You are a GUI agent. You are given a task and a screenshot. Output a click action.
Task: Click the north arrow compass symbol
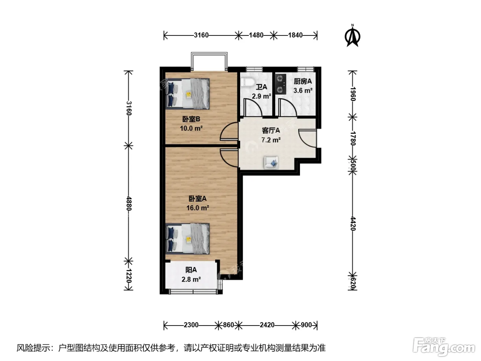[353, 36]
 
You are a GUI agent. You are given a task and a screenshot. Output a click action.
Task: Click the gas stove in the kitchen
[281, 84]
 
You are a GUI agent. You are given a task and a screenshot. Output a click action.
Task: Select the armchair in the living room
[271, 162]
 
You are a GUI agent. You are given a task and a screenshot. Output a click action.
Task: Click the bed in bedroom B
[188, 94]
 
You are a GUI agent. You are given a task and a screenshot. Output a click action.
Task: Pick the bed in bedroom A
[188, 239]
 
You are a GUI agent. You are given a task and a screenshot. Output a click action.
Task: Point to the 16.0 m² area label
[198, 208]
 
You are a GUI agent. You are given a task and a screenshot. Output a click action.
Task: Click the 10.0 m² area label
[191, 128]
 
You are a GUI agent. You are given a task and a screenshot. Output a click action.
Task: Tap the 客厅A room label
[271, 131]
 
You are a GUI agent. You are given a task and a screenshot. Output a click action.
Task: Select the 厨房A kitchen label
[303, 81]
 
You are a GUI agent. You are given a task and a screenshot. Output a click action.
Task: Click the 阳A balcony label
[191, 270]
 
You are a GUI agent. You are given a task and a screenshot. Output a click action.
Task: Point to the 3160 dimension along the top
[201, 35]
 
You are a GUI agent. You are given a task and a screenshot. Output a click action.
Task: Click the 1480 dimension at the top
[256, 35]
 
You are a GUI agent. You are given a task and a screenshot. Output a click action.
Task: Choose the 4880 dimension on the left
[129, 203]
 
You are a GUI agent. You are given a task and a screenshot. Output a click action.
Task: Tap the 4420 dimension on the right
[353, 223]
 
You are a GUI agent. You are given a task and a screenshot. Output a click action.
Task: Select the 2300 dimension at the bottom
[191, 325]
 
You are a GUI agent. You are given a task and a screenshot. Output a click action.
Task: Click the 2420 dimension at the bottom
[267, 325]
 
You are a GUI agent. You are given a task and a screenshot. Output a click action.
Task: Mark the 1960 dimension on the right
[353, 94]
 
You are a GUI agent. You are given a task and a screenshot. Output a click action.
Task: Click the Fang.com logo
[444, 347]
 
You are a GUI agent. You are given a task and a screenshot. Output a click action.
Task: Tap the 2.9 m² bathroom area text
[261, 96]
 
